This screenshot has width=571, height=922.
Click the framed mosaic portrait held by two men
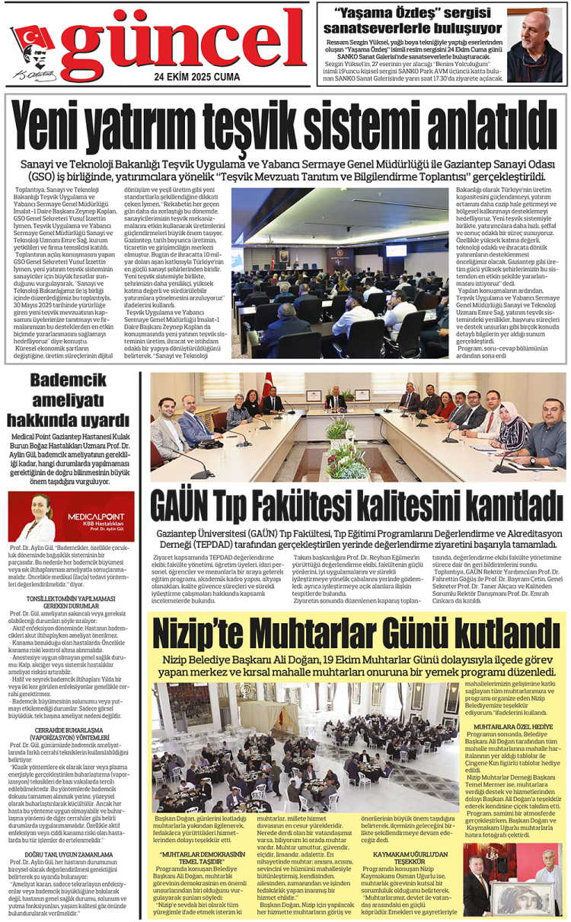click(518, 894)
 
